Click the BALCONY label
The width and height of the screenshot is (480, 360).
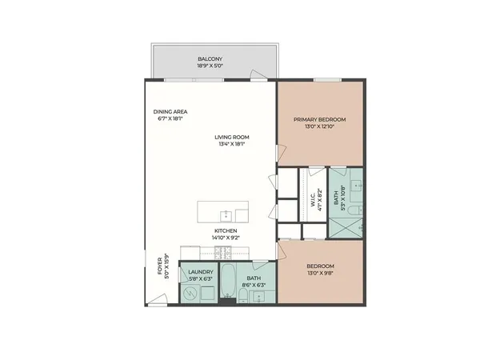pos(210,58)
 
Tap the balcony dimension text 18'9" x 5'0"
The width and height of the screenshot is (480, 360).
pos(210,66)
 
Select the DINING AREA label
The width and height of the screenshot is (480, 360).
pos(170,111)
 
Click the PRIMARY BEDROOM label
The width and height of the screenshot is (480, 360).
pos(318,118)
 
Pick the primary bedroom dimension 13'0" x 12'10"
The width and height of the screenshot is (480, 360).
pos(318,126)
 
